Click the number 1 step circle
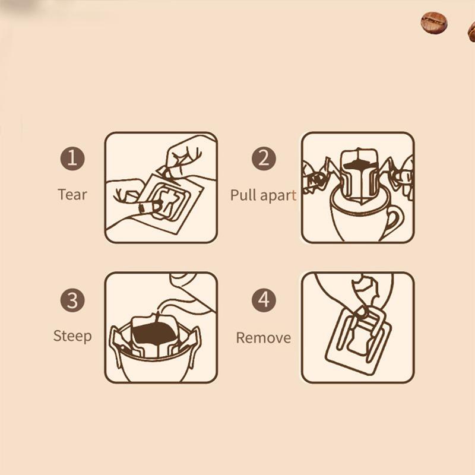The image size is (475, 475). tap(72, 159)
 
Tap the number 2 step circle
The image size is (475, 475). tap(264, 159)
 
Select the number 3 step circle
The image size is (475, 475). tap(72, 300)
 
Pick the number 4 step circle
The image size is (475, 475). tap(264, 300)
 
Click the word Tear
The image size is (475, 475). tap(72, 195)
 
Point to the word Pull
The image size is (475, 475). tap(243, 195)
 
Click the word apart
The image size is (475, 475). tap(278, 196)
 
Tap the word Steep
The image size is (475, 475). tap(72, 336)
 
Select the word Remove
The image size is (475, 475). tap(264, 338)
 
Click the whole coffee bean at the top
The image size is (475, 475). tap(434, 23)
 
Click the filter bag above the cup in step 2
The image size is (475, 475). tap(360, 174)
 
